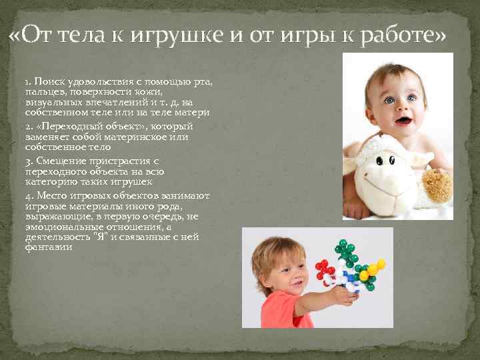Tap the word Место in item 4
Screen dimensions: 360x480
tap(51, 196)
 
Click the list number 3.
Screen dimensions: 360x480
tap(27, 161)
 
